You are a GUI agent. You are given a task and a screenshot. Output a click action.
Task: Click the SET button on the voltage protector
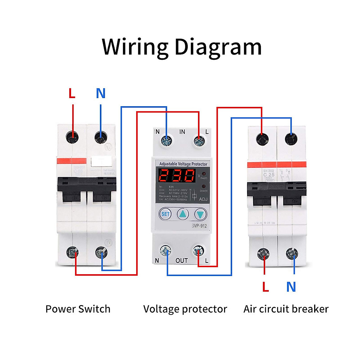tap(165, 214)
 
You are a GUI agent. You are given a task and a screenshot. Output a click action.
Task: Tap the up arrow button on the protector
tap(183, 214)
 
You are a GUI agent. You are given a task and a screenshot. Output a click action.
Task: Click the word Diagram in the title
tap(218, 47)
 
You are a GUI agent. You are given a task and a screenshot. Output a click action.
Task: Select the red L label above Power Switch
tap(72, 94)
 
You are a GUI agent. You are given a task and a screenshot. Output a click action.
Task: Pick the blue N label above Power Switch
tap(101, 94)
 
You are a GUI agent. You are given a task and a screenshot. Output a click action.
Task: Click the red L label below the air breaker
tap(265, 287)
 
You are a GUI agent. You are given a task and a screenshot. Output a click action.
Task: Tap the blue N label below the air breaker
tap(291, 287)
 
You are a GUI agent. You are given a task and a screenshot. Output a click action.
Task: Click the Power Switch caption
tap(78, 309)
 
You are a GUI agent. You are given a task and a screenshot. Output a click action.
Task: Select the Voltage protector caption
tap(185, 309)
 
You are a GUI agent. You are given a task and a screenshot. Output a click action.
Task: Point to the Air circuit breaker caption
tap(286, 309)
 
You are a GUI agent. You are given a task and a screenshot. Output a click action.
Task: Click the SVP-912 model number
tap(199, 226)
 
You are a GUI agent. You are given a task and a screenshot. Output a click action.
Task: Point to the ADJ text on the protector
tap(203, 199)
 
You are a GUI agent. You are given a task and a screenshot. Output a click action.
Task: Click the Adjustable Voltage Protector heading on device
tap(183, 164)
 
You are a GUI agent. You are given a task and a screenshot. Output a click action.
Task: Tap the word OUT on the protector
tap(181, 261)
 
